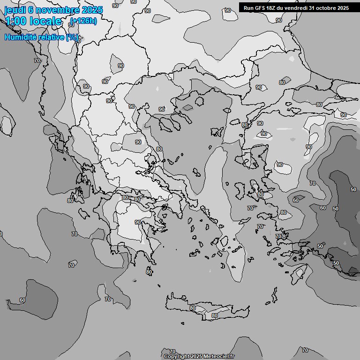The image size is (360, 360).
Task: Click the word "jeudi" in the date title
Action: [x=15, y=10]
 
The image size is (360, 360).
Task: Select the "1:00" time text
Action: [x=15, y=21]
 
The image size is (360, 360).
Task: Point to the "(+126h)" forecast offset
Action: [x=83, y=21]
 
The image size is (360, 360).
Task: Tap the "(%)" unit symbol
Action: [x=72, y=37]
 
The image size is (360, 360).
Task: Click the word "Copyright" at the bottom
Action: [x=177, y=356]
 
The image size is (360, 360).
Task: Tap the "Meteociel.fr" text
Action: [x=218, y=356]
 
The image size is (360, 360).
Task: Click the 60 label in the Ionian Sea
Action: [x=22, y=300]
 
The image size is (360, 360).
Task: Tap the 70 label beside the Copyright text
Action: [x=172, y=352]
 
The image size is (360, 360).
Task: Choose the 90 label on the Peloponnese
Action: [x=138, y=222]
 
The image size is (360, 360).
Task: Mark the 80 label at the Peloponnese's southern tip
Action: [x=149, y=272]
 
